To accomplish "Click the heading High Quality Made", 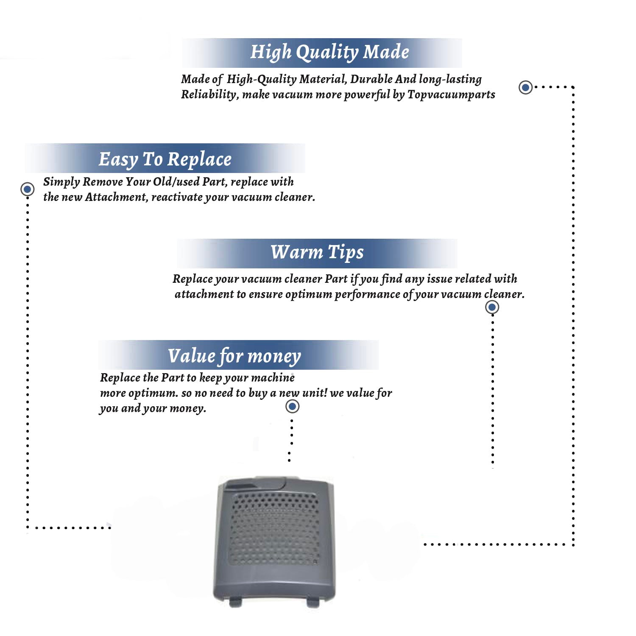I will click(x=329, y=52).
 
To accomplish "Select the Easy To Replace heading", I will click(x=165, y=159).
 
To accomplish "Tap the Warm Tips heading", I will click(x=317, y=252).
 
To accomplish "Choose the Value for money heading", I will click(x=234, y=356).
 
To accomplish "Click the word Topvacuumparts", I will click(x=451, y=95).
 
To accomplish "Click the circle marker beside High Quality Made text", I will click(x=526, y=87).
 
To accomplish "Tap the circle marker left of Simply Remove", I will click(x=28, y=189).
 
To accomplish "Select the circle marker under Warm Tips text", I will click(x=492, y=307).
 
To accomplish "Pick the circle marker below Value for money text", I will click(x=292, y=406).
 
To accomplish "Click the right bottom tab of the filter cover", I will click(x=313, y=602).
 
